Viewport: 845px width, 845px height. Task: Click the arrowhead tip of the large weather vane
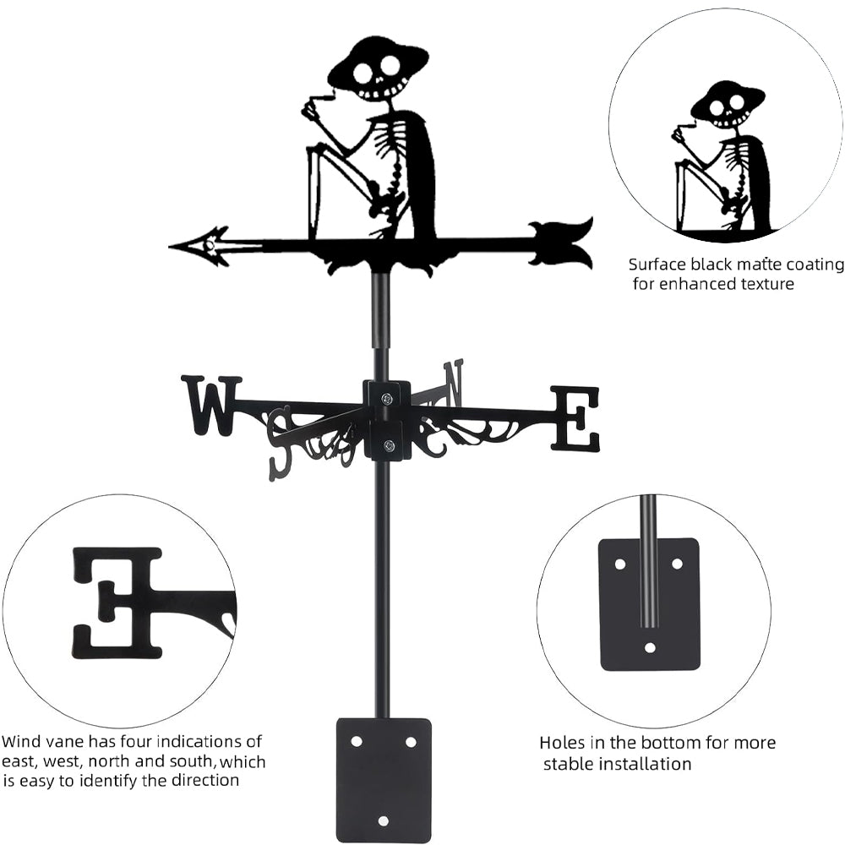click(174, 247)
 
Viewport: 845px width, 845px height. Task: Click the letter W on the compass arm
click(211, 405)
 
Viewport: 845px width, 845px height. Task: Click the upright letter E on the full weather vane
click(575, 417)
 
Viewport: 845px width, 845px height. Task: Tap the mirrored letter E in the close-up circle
click(117, 602)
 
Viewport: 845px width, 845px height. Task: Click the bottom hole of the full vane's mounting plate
click(383, 820)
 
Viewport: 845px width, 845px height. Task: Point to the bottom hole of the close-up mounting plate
click(649, 648)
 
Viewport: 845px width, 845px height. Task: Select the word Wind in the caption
click(20, 742)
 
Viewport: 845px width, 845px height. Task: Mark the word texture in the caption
click(762, 284)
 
